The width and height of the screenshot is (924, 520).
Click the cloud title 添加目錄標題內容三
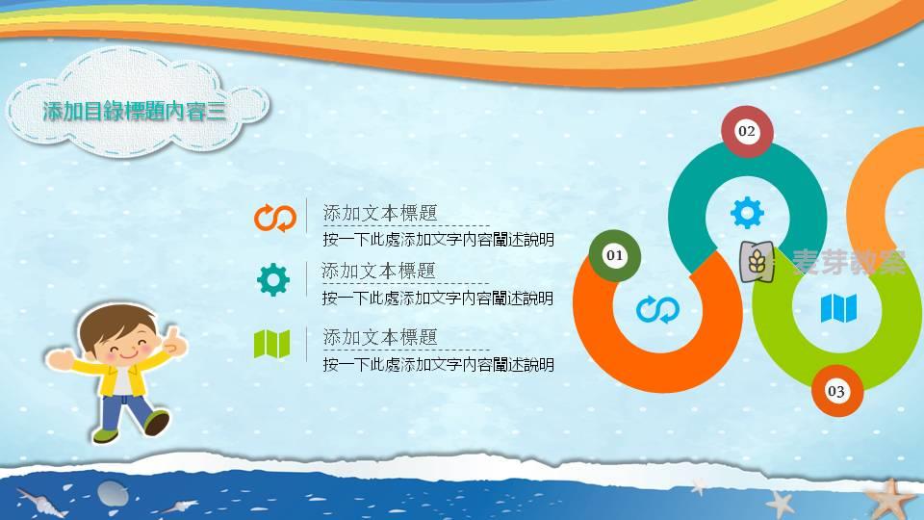[135, 111]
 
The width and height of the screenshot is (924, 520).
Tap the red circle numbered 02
[747, 131]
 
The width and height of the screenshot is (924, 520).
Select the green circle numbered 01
[615, 255]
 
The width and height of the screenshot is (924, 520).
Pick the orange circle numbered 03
[836, 391]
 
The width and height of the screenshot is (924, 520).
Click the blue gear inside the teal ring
[747, 212]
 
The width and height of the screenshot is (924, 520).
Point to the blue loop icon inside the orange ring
[657, 309]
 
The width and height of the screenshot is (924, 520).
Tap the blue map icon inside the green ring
[838, 308]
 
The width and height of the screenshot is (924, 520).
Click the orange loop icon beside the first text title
[275, 219]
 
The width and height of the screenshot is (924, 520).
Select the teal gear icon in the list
[273, 279]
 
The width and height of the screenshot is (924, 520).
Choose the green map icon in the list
[271, 344]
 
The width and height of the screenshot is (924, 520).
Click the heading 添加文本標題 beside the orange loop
[380, 213]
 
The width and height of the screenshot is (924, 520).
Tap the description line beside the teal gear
[438, 299]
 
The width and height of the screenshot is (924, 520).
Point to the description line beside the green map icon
[439, 365]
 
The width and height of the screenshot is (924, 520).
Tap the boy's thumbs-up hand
[174, 340]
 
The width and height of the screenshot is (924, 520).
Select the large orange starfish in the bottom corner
[888, 499]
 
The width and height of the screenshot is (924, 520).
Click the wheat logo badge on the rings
[757, 261]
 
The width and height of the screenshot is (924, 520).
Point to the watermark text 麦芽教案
[849, 262]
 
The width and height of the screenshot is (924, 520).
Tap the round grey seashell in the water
[113, 493]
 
